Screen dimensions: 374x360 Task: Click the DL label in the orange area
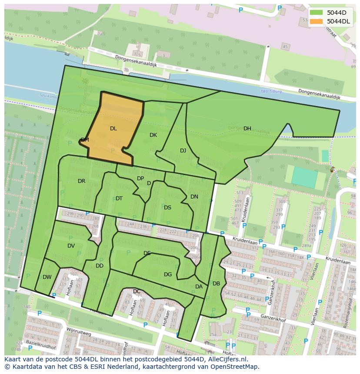(113, 129)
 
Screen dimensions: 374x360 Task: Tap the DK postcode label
(153, 135)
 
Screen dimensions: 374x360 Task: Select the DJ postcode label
(183, 151)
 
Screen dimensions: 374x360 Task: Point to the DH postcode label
(247, 129)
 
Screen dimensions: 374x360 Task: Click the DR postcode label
(81, 181)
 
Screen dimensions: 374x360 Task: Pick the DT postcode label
(119, 199)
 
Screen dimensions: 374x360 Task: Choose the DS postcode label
(167, 208)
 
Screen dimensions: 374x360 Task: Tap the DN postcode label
(194, 197)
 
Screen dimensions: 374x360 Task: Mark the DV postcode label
(71, 246)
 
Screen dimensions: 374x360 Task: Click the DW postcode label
(47, 277)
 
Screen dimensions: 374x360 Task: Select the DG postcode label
(168, 275)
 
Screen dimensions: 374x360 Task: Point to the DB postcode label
(216, 284)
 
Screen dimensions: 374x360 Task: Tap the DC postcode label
(137, 291)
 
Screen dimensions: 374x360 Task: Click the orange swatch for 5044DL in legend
(316, 21)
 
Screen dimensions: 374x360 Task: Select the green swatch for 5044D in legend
(316, 13)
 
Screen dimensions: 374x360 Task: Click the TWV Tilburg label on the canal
(271, 92)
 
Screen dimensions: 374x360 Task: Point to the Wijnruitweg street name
(79, 332)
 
